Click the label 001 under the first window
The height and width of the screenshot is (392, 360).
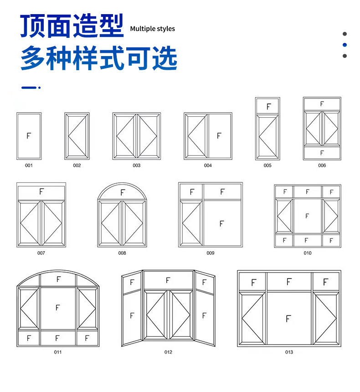(29, 165)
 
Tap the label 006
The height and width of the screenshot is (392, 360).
(322, 165)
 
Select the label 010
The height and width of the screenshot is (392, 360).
(308, 253)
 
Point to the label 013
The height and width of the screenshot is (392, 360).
(289, 352)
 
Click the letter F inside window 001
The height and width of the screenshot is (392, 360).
(29, 136)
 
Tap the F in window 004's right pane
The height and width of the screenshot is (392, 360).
(219, 136)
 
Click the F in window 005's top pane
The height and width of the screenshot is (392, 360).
(268, 107)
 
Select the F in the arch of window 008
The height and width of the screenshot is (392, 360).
(122, 193)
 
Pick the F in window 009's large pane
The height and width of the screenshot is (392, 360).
(222, 223)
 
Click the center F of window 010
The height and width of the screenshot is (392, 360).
(307, 216)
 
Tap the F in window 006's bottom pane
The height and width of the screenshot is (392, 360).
(322, 153)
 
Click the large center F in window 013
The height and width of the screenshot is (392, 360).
(288, 319)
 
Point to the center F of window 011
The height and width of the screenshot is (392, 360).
(57, 308)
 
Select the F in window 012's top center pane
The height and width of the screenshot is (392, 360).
(168, 280)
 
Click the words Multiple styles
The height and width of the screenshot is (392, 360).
(152, 29)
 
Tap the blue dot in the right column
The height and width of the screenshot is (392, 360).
(345, 45)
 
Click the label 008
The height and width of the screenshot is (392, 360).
(122, 253)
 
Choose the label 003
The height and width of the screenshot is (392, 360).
(137, 165)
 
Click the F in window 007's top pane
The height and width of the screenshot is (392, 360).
(41, 191)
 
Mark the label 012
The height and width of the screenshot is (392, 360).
(168, 352)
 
